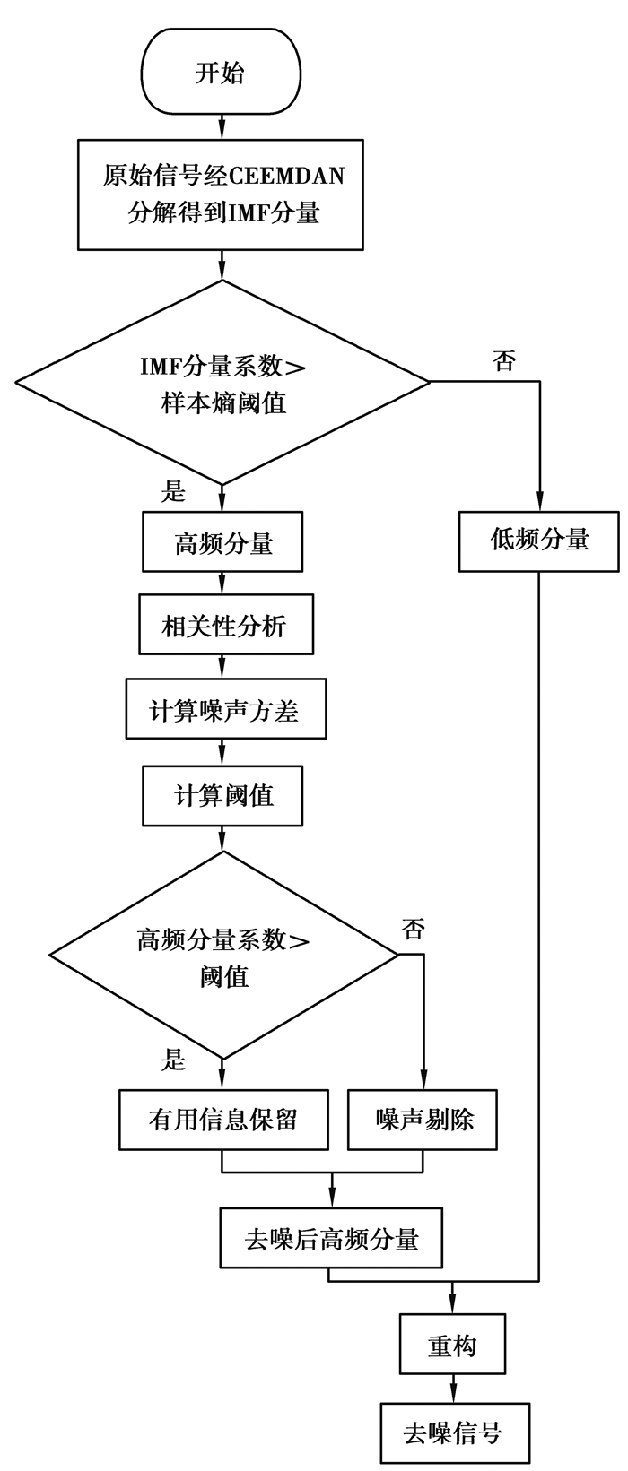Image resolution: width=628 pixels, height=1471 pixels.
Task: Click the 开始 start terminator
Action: click(x=220, y=73)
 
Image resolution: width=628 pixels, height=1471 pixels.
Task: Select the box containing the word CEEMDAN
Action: click(x=221, y=195)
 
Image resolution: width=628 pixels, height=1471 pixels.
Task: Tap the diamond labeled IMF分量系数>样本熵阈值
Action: click(x=222, y=383)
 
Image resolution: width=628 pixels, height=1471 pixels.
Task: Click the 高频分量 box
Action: click(x=223, y=542)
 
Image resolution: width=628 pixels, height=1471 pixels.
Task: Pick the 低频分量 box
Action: click(x=539, y=541)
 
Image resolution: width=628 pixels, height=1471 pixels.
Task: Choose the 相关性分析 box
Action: click(x=225, y=625)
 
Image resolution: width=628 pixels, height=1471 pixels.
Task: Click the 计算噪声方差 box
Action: click(x=224, y=710)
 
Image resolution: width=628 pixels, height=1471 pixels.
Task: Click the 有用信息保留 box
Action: click(x=223, y=1119)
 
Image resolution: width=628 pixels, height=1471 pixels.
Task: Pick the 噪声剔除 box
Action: click(x=423, y=1119)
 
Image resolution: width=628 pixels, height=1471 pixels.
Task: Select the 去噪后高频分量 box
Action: click(x=332, y=1240)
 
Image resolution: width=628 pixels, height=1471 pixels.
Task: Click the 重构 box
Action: click(x=452, y=1345)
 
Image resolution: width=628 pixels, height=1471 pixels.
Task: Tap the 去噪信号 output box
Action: click(x=452, y=1432)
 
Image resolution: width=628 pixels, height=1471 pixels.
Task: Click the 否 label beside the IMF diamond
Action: click(x=504, y=361)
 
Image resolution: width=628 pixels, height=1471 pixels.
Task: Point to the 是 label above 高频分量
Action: click(x=172, y=491)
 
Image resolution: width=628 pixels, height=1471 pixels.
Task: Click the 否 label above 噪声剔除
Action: click(x=413, y=929)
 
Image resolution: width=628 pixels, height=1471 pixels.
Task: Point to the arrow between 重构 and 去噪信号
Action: click(x=452, y=1388)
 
